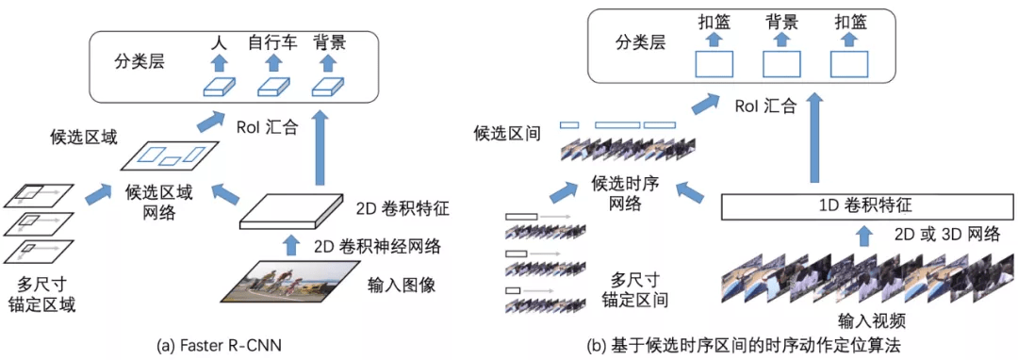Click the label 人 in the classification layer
coord(219,42)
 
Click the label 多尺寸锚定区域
coord(44,293)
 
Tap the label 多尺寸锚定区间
coord(634,290)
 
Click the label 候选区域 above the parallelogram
coord(84,139)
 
